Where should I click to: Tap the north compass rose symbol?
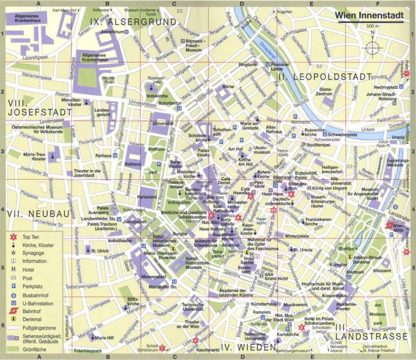pos(372,46)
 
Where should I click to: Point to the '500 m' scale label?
pos(373,26)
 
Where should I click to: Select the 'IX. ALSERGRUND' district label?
pos(133,22)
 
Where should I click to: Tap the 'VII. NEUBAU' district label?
pos(38,214)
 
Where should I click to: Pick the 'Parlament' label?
pos(147,197)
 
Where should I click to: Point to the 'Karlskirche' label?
pos(288,334)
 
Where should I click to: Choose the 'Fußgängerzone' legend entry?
pos(39,328)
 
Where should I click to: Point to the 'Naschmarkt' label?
pos(208,350)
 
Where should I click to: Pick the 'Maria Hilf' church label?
pos(104,337)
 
